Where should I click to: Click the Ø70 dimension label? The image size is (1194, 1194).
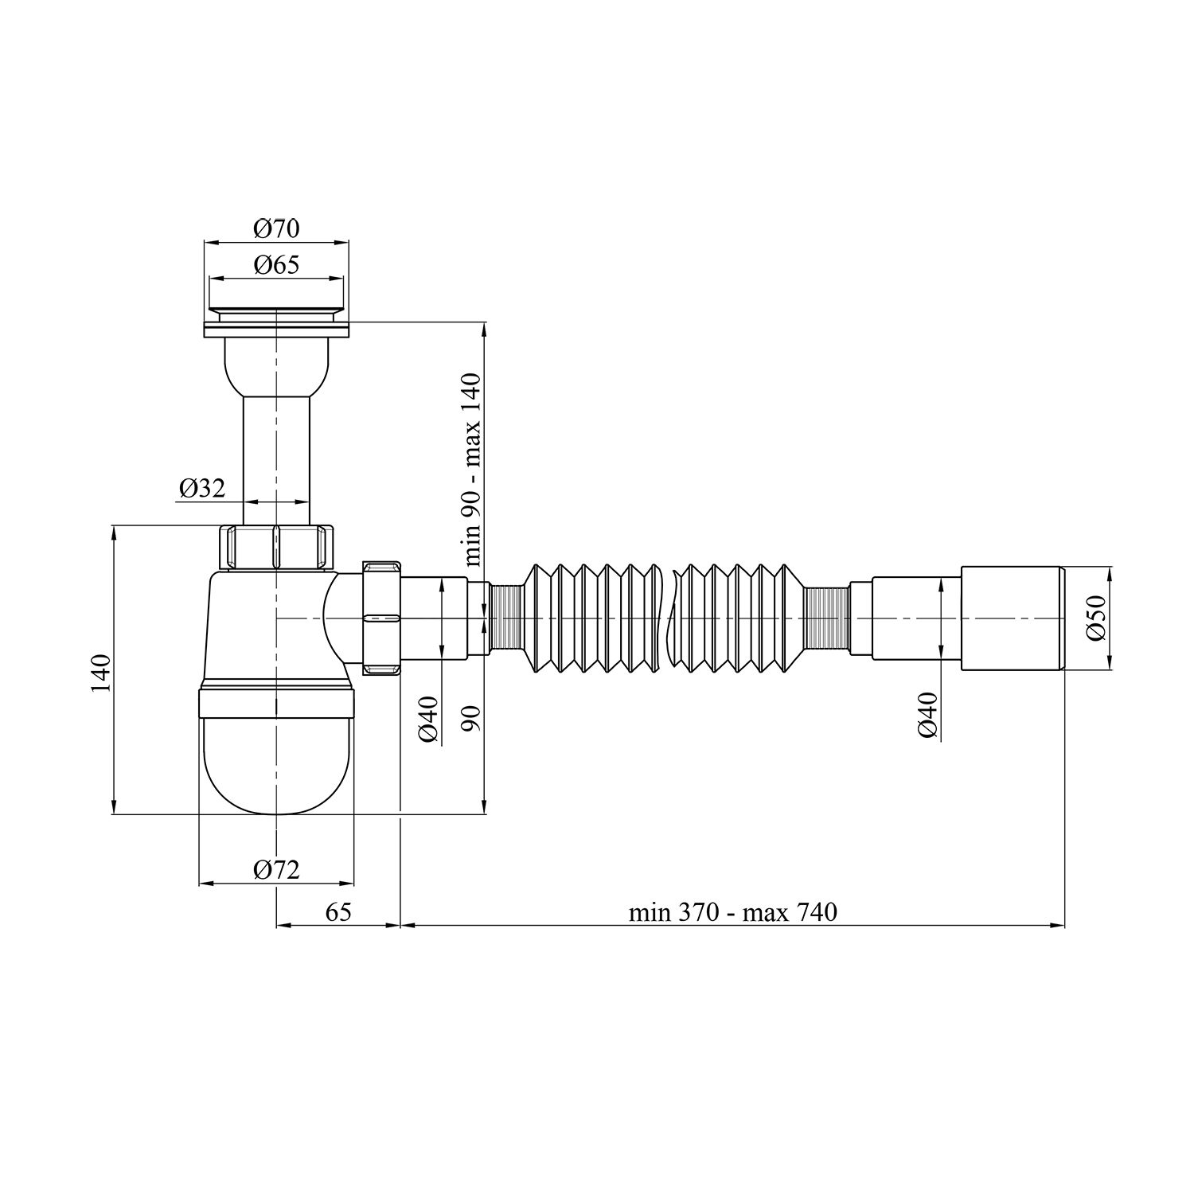[276, 229]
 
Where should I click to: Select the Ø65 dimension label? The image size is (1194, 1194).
[276, 266]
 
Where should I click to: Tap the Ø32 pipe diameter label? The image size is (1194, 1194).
[201, 489]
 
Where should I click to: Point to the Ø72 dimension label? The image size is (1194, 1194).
[276, 870]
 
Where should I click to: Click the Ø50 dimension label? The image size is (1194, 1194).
[1097, 617]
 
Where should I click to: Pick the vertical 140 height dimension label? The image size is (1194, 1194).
[101, 673]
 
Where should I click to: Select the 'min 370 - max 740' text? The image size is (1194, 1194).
[732, 912]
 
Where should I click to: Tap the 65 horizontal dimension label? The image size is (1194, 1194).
[338, 912]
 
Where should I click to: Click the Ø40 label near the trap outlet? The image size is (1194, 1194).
[428, 718]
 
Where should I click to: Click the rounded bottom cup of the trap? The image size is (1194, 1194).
[276, 764]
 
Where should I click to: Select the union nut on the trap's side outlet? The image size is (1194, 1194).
[381, 618]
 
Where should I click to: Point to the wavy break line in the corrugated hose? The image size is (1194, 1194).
[666, 618]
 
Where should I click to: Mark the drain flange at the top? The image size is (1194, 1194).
[276, 329]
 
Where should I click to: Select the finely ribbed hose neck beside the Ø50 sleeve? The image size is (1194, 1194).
[826, 618]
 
